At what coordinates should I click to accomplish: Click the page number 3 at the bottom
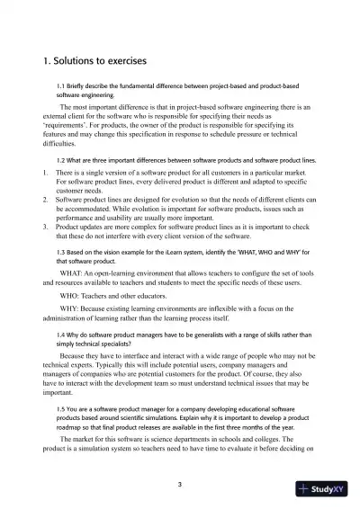tap(180, 486)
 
